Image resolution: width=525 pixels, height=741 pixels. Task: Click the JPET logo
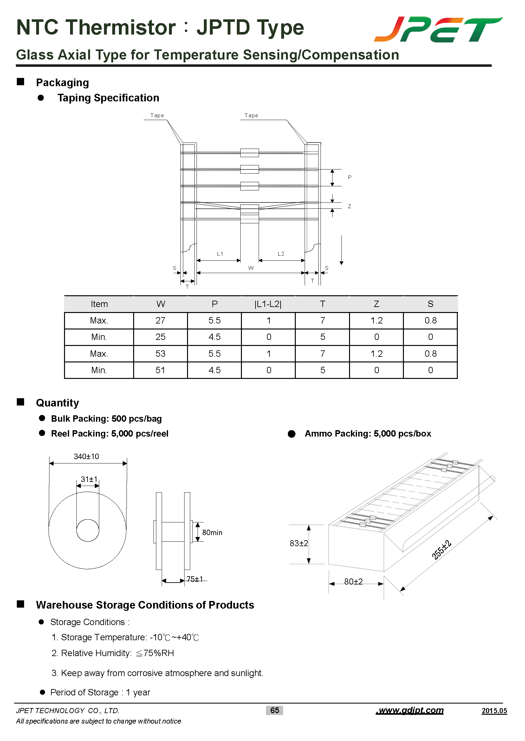(438, 30)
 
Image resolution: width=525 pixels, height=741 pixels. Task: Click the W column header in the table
(161, 304)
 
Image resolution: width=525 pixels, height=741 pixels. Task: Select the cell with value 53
(160, 354)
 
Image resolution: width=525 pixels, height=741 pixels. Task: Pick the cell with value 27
(160, 320)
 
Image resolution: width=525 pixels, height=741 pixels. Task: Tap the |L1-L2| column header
(268, 304)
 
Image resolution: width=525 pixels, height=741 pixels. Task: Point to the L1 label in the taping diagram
(220, 254)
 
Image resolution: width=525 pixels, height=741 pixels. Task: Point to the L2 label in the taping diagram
(281, 254)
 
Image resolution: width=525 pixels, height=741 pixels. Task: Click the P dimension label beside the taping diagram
(349, 177)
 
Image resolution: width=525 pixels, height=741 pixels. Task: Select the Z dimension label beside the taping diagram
(349, 207)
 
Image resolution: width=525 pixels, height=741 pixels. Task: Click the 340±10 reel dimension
(86, 457)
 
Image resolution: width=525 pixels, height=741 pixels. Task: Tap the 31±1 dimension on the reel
(89, 479)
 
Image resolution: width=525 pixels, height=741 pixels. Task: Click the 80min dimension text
(212, 533)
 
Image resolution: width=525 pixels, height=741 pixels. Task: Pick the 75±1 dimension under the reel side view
(195, 579)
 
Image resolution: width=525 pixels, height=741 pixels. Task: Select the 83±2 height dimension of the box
(299, 543)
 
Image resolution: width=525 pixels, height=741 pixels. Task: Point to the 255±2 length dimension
(441, 549)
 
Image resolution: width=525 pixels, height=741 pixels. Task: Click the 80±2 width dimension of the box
(353, 582)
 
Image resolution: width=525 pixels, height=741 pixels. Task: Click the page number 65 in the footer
(275, 710)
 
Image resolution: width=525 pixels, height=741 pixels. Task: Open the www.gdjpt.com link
(410, 710)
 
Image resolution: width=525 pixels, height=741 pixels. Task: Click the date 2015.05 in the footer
(494, 711)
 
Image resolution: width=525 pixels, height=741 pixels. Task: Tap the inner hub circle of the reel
(87, 530)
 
